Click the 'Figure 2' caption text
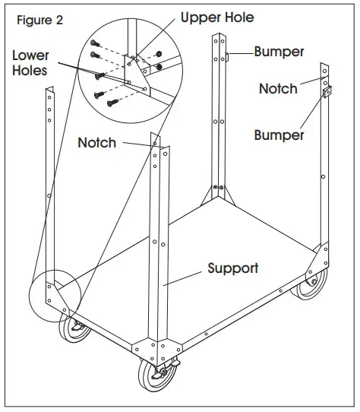point(39,21)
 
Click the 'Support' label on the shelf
point(233,268)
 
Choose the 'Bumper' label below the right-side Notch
point(279,135)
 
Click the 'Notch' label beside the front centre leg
point(97,142)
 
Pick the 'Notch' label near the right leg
point(279,89)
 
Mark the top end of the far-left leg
point(48,92)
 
